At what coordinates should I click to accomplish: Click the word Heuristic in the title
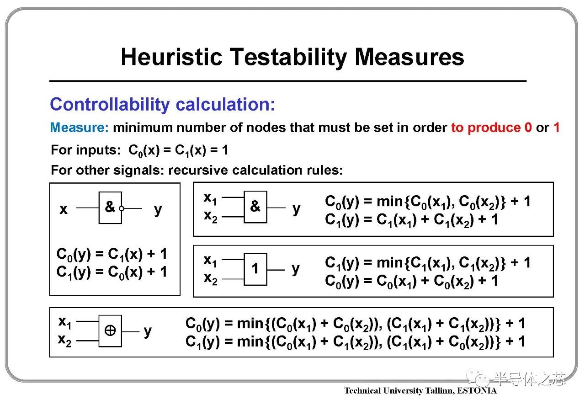pyautogui.click(x=172, y=57)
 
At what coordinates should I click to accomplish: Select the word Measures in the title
pyautogui.click(x=409, y=57)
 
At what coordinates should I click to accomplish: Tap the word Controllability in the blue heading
pyautogui.click(x=110, y=105)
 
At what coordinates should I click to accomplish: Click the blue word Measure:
pyautogui.click(x=79, y=128)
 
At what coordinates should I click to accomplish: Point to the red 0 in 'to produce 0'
pyautogui.click(x=528, y=128)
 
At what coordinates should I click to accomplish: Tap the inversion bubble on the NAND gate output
pyautogui.click(x=122, y=208)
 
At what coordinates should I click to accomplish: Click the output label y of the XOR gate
pyautogui.click(x=148, y=332)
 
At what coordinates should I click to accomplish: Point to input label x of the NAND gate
pyautogui.click(x=64, y=209)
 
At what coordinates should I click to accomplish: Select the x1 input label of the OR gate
pyautogui.click(x=210, y=261)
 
